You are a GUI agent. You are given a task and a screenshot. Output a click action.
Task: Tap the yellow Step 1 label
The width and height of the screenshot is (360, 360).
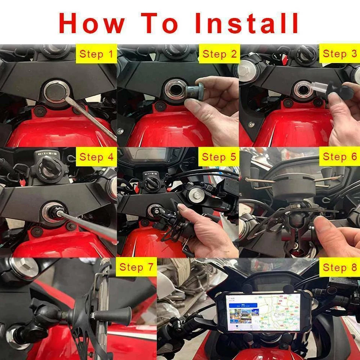(96, 55)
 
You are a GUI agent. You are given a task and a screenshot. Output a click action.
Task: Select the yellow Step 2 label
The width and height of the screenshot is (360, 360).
(220, 55)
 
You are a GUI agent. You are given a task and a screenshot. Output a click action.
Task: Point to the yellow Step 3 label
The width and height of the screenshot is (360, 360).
(340, 54)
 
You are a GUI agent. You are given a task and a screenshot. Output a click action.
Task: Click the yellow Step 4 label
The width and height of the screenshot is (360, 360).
(96, 157)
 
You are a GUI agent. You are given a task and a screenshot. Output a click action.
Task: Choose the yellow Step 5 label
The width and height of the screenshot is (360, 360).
(219, 157)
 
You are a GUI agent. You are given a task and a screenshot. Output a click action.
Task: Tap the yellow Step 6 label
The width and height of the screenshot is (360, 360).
(340, 156)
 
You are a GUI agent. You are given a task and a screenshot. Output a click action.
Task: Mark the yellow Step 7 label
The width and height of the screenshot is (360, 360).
(136, 267)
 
